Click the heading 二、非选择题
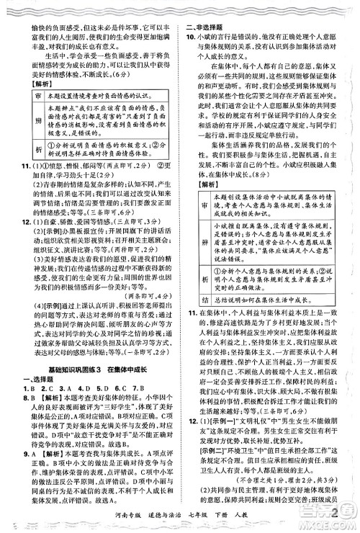(208, 6)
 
